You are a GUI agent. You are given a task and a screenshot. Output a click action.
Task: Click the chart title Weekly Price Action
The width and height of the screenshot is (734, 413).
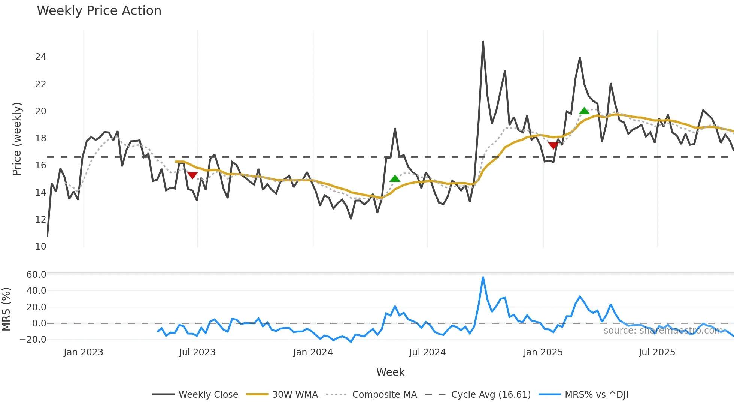(99, 11)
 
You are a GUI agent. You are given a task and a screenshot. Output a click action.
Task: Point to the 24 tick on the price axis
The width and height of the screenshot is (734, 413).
(40, 57)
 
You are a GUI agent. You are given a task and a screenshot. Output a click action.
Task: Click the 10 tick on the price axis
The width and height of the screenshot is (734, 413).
(40, 247)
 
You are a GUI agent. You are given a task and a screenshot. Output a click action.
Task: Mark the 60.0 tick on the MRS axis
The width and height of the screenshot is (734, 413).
(36, 275)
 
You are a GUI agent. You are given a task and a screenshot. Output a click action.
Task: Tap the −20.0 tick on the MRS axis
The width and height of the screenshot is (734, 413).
(33, 340)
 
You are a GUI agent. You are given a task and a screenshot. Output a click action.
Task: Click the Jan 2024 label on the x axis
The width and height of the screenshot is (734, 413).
(313, 352)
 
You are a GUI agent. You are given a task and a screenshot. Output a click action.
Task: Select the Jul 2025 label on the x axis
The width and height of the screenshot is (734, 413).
(657, 352)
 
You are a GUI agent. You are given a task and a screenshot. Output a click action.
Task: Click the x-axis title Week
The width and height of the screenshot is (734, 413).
(390, 372)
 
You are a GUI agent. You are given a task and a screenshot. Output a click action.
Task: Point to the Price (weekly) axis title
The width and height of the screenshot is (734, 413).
(17, 139)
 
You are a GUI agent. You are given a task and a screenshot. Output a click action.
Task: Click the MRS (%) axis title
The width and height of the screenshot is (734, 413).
(6, 309)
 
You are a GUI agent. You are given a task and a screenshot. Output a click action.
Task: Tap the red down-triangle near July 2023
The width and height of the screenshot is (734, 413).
(192, 175)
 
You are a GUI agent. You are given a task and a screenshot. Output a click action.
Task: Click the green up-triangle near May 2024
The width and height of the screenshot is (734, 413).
(395, 179)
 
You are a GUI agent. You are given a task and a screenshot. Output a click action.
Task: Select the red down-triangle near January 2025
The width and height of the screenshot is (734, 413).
(553, 145)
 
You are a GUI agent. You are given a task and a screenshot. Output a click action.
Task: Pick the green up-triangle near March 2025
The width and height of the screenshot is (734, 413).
(584, 111)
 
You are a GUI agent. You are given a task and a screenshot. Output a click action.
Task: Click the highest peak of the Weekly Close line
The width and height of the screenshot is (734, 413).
(483, 42)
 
